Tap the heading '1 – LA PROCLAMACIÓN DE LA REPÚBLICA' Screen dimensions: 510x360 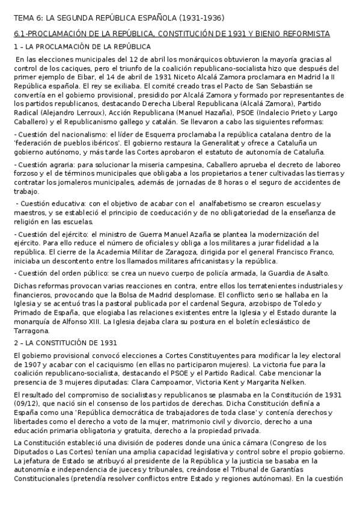click(x=82, y=46)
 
